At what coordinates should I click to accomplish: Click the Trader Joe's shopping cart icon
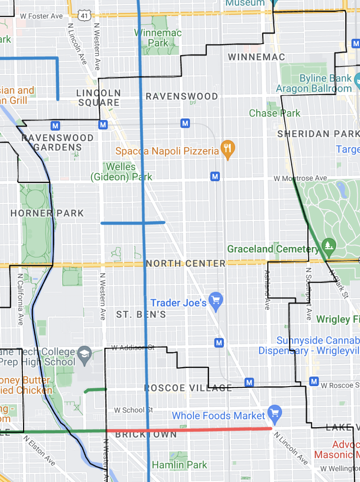[x=216, y=301]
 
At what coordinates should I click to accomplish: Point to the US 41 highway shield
[x=84, y=16]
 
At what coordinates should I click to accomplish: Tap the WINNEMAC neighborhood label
[x=257, y=57]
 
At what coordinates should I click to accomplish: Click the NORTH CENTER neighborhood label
[x=186, y=264]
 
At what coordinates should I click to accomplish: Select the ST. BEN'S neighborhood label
[x=141, y=314]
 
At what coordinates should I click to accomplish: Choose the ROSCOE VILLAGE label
[x=188, y=388]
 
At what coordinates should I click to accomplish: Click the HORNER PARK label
[x=47, y=213]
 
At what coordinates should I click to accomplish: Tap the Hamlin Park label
[x=179, y=465]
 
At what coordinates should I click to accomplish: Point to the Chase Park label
[x=275, y=113]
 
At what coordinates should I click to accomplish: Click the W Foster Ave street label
[x=41, y=16]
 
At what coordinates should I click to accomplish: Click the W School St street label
[x=133, y=410]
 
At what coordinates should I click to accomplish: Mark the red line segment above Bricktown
[x=188, y=429]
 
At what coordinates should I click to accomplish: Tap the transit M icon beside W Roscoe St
[x=314, y=381]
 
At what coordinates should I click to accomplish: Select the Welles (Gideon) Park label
[x=121, y=171]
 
